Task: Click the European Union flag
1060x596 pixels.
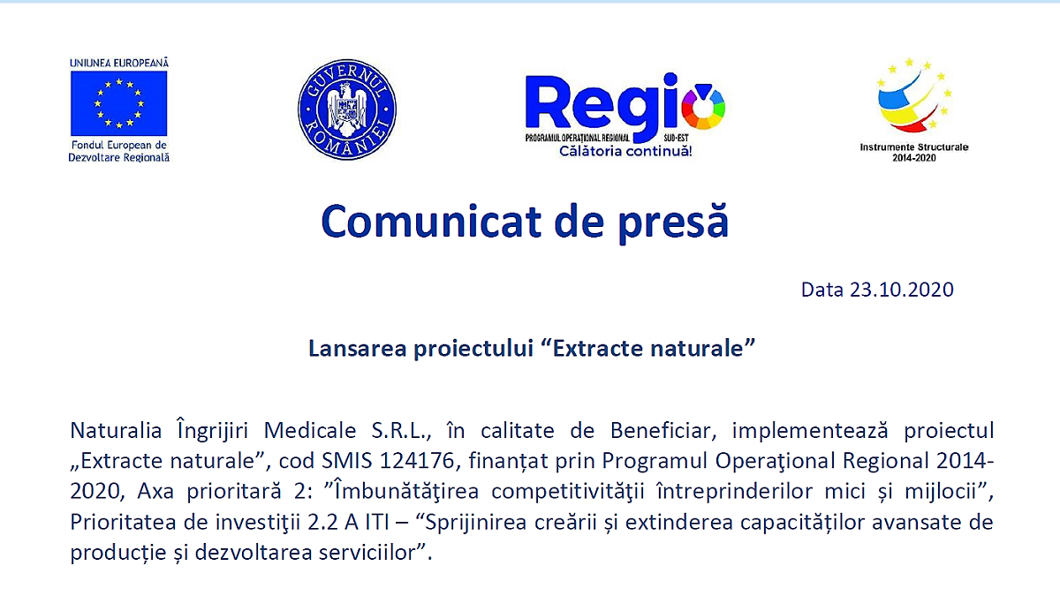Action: tap(118, 103)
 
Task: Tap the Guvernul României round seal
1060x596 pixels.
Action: tap(347, 109)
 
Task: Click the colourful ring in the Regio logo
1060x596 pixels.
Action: tap(703, 108)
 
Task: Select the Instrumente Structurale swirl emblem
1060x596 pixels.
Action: tap(913, 95)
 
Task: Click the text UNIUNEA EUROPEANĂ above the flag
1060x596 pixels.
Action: tap(118, 64)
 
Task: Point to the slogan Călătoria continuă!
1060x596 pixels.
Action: tap(625, 151)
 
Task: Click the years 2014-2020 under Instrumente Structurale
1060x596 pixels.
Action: tap(913, 158)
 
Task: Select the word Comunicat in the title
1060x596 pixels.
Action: tap(431, 222)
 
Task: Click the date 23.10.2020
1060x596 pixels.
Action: tap(902, 290)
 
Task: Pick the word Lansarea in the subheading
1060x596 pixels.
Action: tap(357, 348)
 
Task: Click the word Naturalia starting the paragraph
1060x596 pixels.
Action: tap(116, 431)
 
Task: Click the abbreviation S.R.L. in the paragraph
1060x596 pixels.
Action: tap(400, 431)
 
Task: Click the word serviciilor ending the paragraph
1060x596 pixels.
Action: tap(367, 553)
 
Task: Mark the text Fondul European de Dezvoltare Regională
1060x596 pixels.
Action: tap(118, 151)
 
